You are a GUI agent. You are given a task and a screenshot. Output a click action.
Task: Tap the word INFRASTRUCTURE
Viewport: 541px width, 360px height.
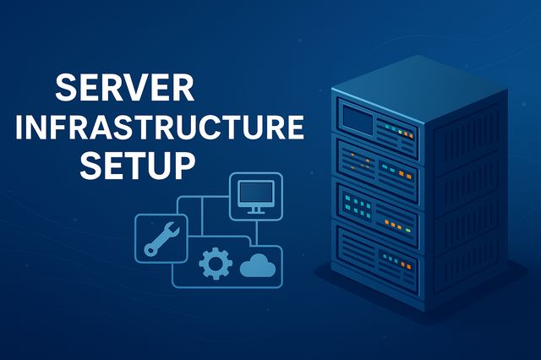click(160, 128)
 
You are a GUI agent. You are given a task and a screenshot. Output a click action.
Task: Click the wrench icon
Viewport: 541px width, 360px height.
click(161, 237)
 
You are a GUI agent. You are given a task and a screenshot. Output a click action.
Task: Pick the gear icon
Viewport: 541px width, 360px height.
click(215, 265)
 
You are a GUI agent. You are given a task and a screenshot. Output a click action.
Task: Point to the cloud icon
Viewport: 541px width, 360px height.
click(260, 267)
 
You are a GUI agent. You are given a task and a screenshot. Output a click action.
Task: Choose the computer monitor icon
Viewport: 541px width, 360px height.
click(256, 197)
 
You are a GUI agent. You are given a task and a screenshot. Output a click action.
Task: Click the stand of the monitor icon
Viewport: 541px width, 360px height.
click(256, 210)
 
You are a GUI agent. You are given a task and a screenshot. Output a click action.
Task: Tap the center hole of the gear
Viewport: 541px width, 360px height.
click(215, 265)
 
